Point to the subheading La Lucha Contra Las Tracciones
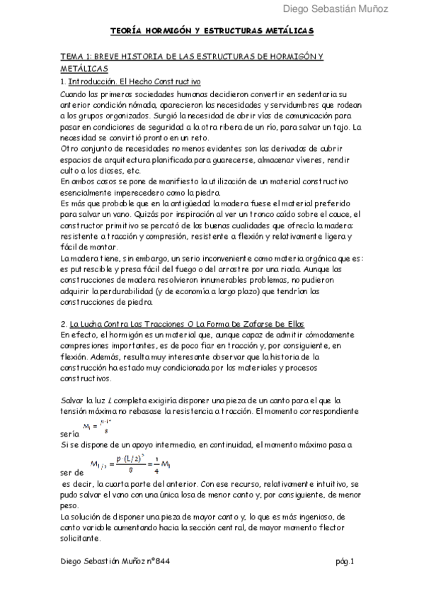(142, 323)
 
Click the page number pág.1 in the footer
(345, 561)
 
